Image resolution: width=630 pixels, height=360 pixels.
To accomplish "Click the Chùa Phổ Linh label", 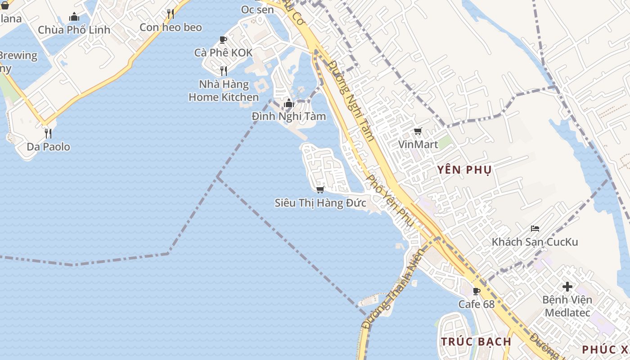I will pos(74,30).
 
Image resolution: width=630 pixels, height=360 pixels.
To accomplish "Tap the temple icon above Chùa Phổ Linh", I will pos(74,17).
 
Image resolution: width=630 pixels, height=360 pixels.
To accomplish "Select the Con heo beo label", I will pos(171,27).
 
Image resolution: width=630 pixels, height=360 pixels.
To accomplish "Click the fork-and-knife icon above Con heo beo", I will pos(171,14).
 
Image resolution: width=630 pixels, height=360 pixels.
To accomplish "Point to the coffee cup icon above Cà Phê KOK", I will pos(223,40).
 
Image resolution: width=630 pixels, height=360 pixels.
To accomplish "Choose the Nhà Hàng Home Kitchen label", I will pos(224,91).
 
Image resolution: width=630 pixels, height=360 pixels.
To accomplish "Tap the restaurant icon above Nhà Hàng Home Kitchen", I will pos(223,71).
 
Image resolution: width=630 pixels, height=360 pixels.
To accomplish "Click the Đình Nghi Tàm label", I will pos(288,117).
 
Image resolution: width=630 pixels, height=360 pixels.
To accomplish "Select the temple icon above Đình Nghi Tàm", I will pos(288,103).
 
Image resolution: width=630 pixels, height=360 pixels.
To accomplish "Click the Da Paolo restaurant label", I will pos(48,147).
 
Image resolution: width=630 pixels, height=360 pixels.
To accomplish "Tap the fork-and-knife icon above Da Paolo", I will pos(48,133).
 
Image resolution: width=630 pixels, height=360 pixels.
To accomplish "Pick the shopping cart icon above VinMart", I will pos(418,131).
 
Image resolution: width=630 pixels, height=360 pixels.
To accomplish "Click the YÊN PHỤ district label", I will pos(464,170).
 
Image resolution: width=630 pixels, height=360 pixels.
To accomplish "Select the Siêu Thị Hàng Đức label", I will pos(320,203).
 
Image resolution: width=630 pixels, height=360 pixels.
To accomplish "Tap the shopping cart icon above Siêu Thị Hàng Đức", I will pos(320,189).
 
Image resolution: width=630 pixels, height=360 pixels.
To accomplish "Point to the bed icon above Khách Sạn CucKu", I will pos(535,229).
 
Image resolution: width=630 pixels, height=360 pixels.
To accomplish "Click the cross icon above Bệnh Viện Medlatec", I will pos(567,286).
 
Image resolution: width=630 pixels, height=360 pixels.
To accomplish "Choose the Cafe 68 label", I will pos(476,304).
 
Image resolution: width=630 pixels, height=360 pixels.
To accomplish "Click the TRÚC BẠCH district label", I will pos(476,342).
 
